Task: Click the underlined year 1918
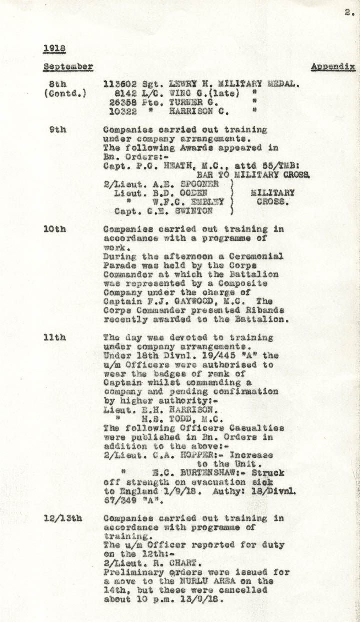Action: click(x=55, y=48)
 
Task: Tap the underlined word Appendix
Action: click(x=333, y=66)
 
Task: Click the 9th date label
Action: click(x=59, y=129)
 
